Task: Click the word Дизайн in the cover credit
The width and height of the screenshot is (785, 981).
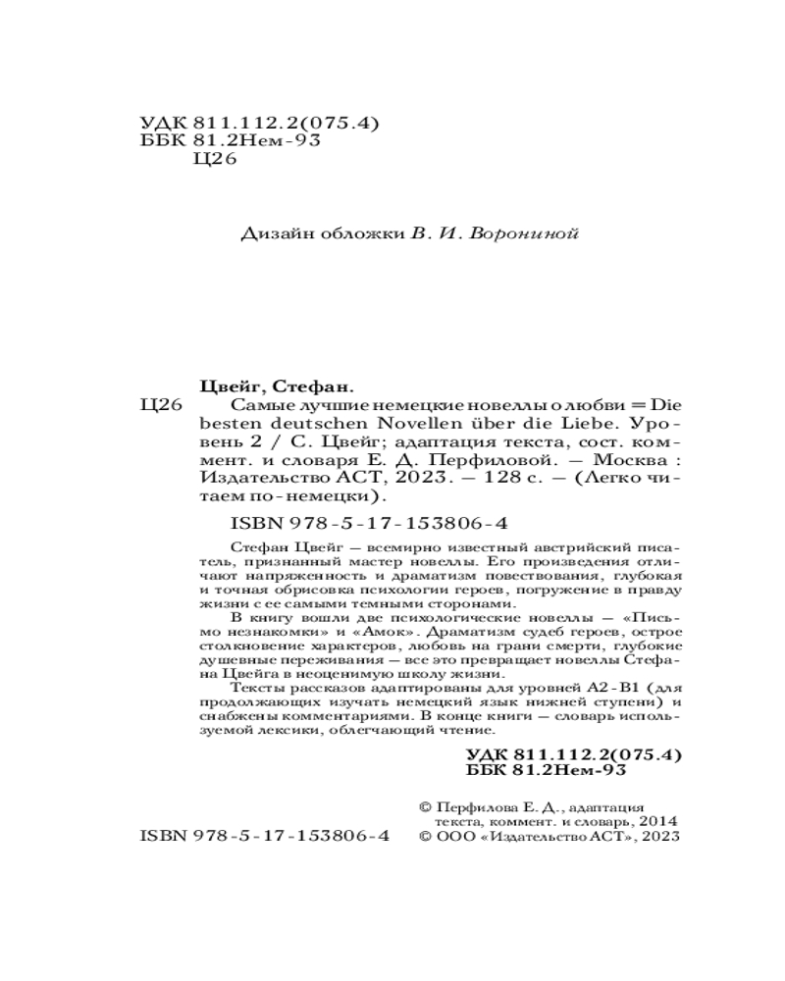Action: point(269,234)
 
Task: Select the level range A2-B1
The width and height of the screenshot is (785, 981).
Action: point(552,691)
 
